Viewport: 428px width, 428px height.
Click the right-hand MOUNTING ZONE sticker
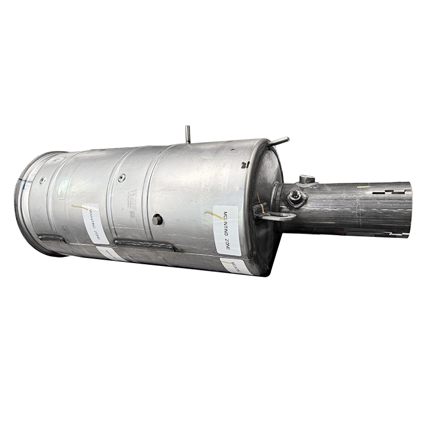(226, 230)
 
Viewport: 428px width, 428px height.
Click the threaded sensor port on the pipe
(295, 198)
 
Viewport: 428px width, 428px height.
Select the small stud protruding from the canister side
(157, 220)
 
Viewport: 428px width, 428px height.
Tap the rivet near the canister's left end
(43, 180)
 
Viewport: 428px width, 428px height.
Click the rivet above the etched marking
(121, 177)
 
